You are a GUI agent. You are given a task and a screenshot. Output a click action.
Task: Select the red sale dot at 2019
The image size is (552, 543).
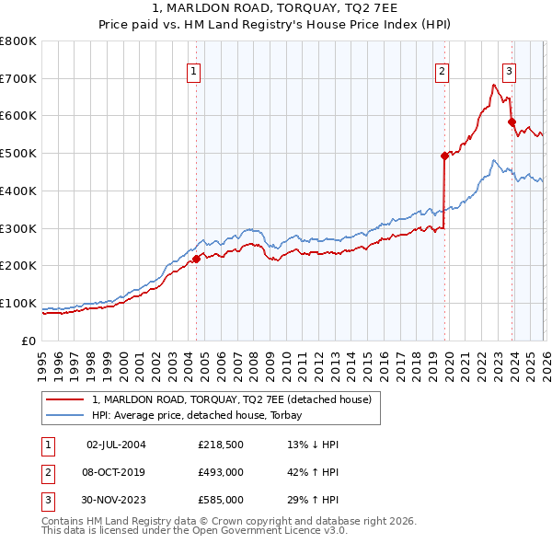(444, 156)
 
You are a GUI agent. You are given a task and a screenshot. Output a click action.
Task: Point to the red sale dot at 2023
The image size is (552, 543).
(512, 121)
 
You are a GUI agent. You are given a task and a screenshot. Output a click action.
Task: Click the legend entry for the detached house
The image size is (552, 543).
(231, 399)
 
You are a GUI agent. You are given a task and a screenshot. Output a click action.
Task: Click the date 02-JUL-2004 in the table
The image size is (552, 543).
(116, 445)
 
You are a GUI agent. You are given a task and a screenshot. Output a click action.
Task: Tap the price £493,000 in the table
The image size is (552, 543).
(221, 472)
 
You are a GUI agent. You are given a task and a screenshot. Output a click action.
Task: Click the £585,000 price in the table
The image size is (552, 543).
(221, 500)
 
